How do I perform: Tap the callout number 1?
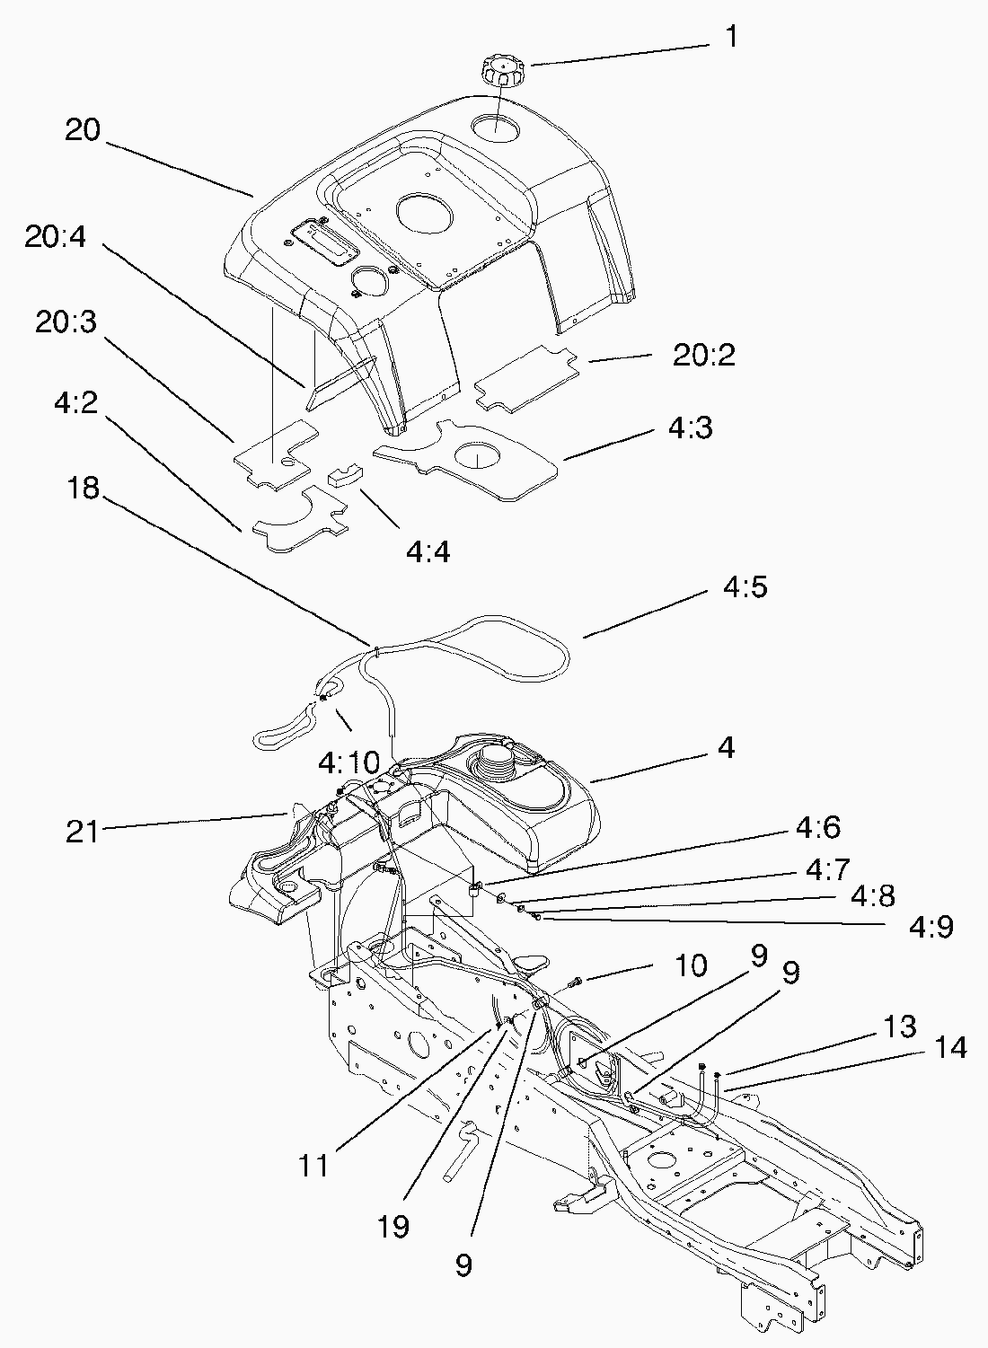click(731, 38)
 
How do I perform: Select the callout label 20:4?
click(56, 238)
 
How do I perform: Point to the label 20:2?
click(704, 356)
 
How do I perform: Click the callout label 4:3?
click(690, 428)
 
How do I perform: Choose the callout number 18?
click(83, 489)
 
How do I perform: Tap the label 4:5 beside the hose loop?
click(745, 588)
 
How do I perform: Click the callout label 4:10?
click(349, 764)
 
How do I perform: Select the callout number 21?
click(82, 832)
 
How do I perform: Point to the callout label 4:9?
click(931, 926)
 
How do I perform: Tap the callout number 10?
click(691, 966)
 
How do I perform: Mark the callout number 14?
click(950, 1048)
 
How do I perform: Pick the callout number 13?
click(898, 1026)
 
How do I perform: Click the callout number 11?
click(314, 1166)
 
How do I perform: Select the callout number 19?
click(393, 1226)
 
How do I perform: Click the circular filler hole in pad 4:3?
click(479, 456)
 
